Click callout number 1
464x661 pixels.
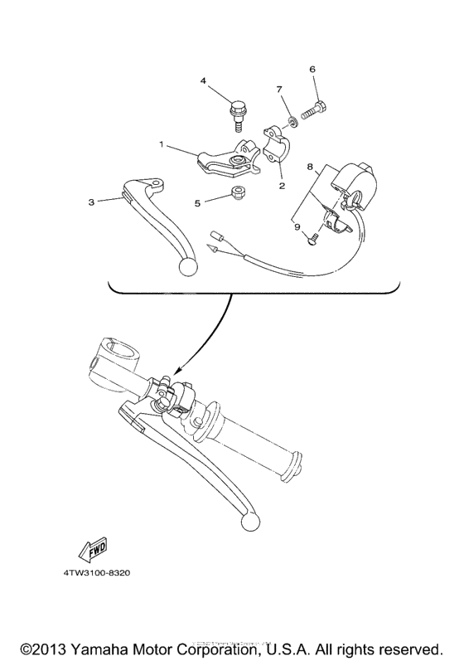[x=163, y=143]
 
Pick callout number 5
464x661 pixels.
[x=197, y=202]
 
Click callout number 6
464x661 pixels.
[x=312, y=70]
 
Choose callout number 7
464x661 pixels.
[x=279, y=89]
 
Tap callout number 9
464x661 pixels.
[x=295, y=225]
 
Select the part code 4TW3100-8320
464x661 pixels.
[x=97, y=573]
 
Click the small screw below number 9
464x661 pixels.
[x=312, y=241]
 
